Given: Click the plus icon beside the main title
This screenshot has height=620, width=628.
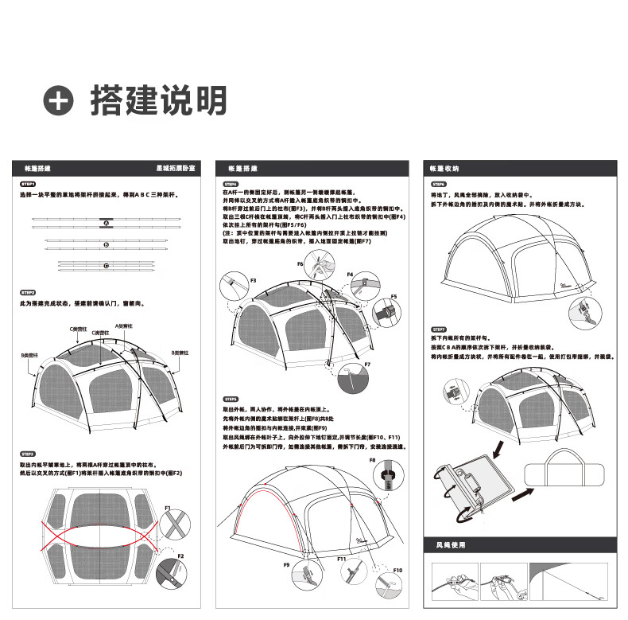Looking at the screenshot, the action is [59, 101].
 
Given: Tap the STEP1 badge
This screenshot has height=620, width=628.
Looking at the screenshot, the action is [28, 184].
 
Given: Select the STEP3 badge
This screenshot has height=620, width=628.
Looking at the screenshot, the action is [28, 453].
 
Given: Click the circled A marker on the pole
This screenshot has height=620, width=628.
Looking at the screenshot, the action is [105, 224].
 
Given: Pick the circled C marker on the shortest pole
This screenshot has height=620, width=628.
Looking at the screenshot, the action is [105, 264].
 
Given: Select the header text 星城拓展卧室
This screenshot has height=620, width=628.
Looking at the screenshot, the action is [180, 170].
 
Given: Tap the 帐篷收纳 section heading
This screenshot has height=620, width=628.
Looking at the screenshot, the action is [444, 170].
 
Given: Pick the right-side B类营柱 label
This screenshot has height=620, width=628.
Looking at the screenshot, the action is [180, 352].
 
